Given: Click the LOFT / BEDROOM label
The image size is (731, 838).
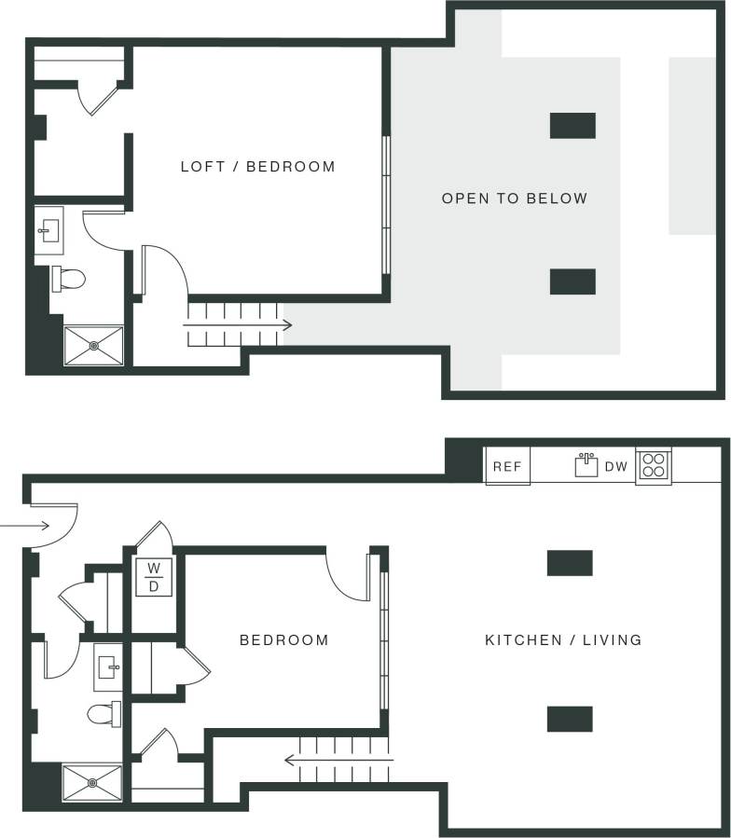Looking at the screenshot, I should [257, 168].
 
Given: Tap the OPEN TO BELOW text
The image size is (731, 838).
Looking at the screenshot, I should [515, 199].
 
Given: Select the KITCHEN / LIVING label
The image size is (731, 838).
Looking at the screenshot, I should [563, 640].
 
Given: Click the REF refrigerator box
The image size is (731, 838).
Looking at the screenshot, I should [507, 467].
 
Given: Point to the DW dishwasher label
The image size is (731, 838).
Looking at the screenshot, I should [616, 467].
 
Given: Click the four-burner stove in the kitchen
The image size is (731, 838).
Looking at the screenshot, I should [653, 465].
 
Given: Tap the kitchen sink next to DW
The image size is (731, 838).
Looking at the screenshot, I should [586, 464].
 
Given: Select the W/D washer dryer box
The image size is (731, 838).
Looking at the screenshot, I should [154, 577].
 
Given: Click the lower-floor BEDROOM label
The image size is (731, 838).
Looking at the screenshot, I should [284, 640].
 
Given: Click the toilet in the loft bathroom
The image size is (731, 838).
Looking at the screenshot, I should [69, 278].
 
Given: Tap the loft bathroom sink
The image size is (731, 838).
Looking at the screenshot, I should [48, 230].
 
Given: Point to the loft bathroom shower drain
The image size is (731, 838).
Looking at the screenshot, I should [94, 345].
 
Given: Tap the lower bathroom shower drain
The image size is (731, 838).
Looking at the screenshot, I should [92, 783].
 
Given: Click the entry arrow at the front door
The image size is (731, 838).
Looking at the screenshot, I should [44, 527].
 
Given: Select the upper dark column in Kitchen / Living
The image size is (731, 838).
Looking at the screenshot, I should [570, 563].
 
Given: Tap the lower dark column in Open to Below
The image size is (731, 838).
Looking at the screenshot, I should [572, 282].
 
